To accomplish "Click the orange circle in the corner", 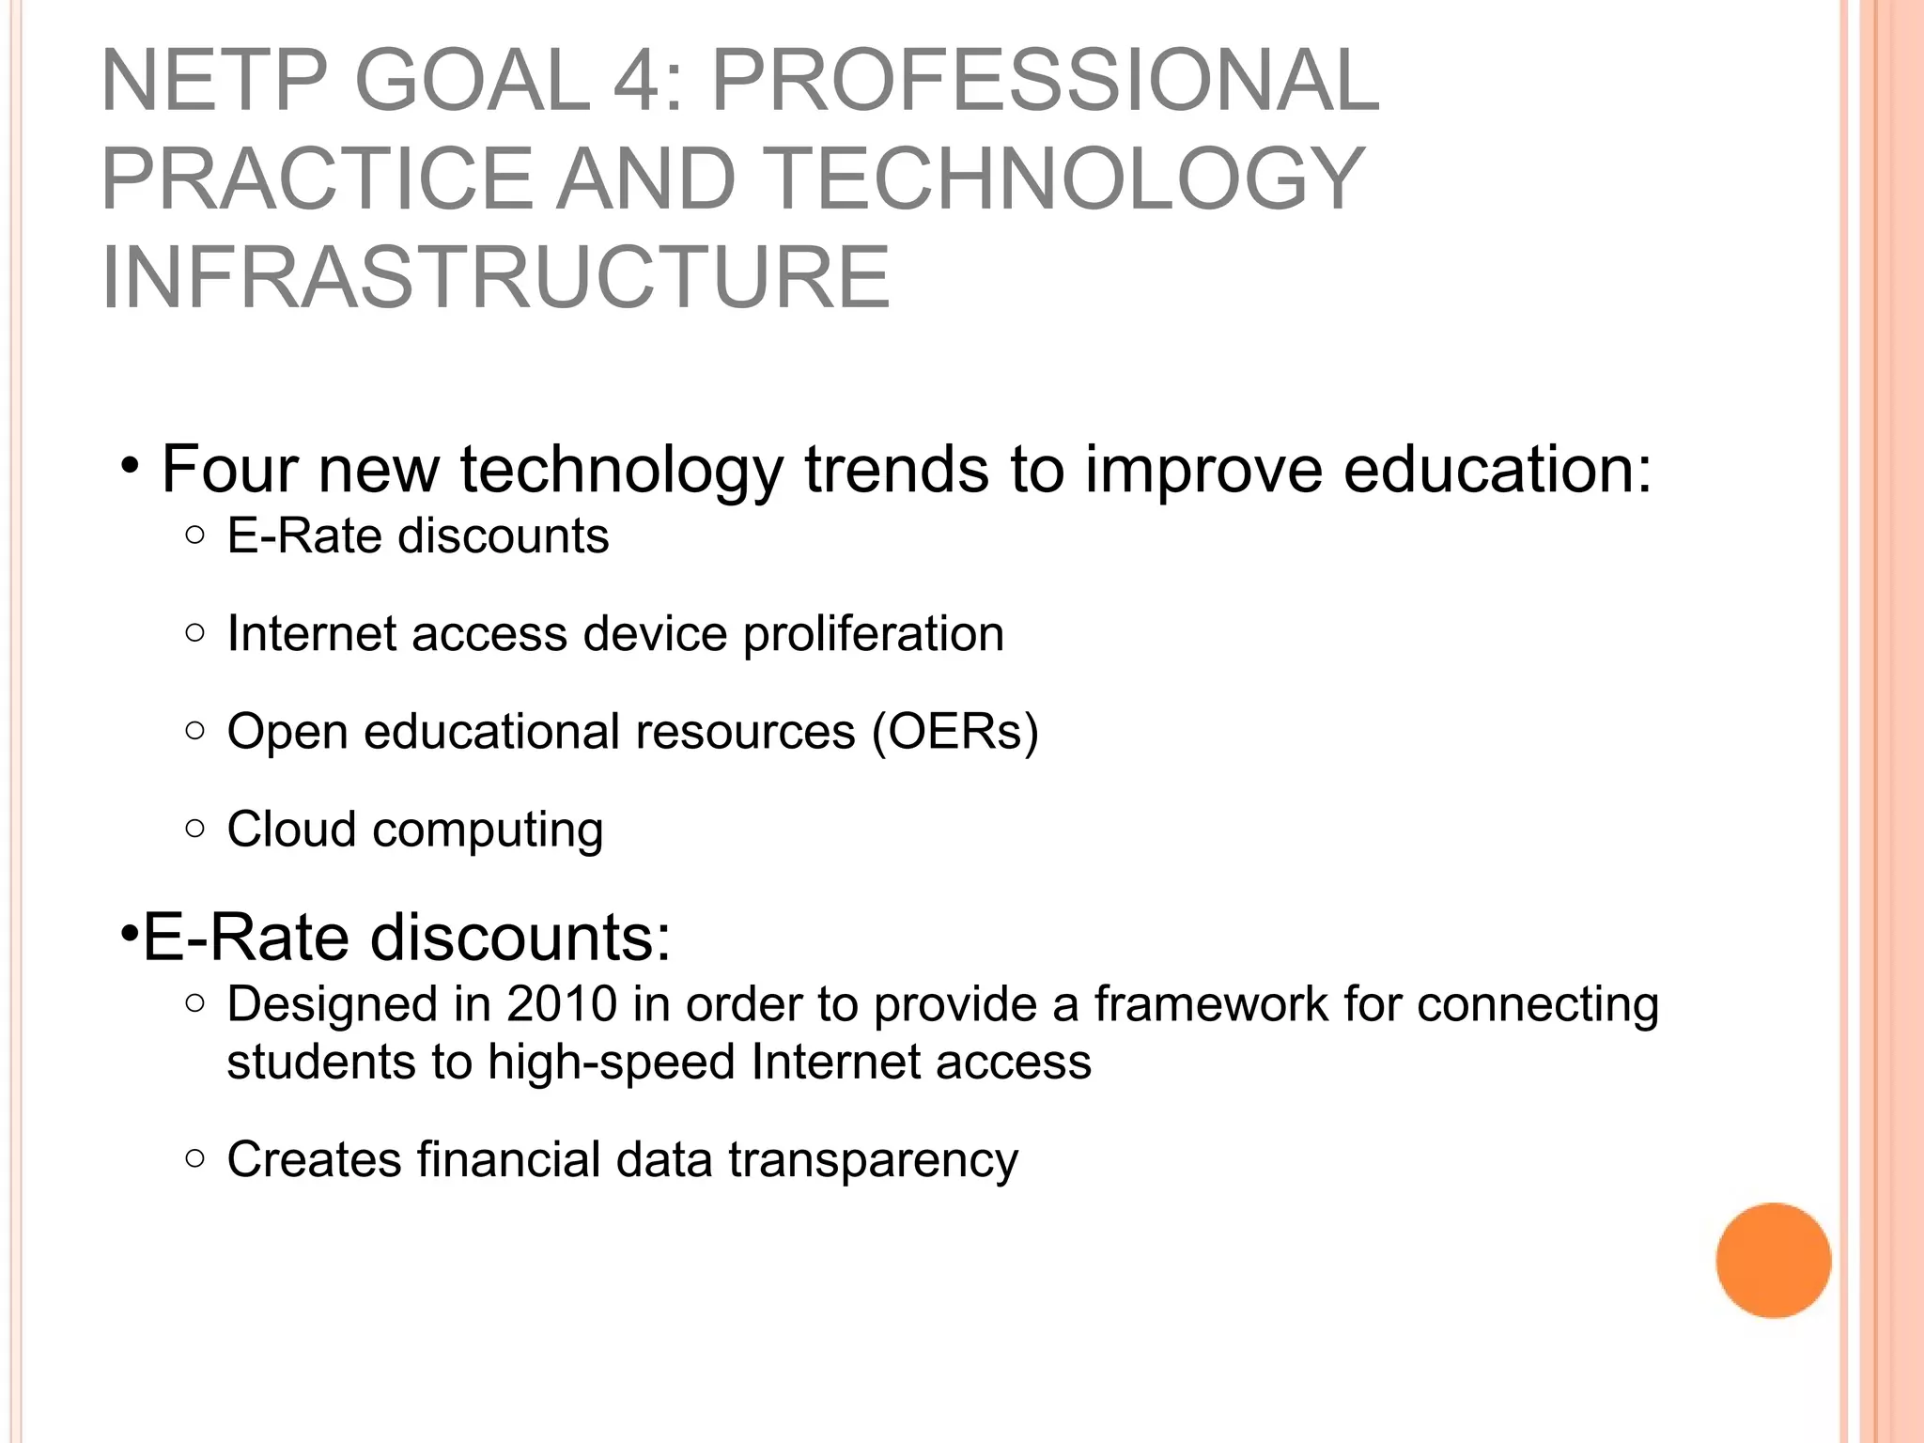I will coord(1773,1260).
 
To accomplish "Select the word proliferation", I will coord(874,633).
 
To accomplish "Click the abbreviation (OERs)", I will coord(955,731).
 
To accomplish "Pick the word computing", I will coord(488,830).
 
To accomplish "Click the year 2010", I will coord(562,1003).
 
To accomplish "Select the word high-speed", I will coord(612,1063).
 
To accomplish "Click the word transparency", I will coord(873,1160).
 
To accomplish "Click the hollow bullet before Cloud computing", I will coord(194,829).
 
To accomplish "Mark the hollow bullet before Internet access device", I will coord(194,633).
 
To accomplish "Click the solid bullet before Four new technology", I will coord(131,466).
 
